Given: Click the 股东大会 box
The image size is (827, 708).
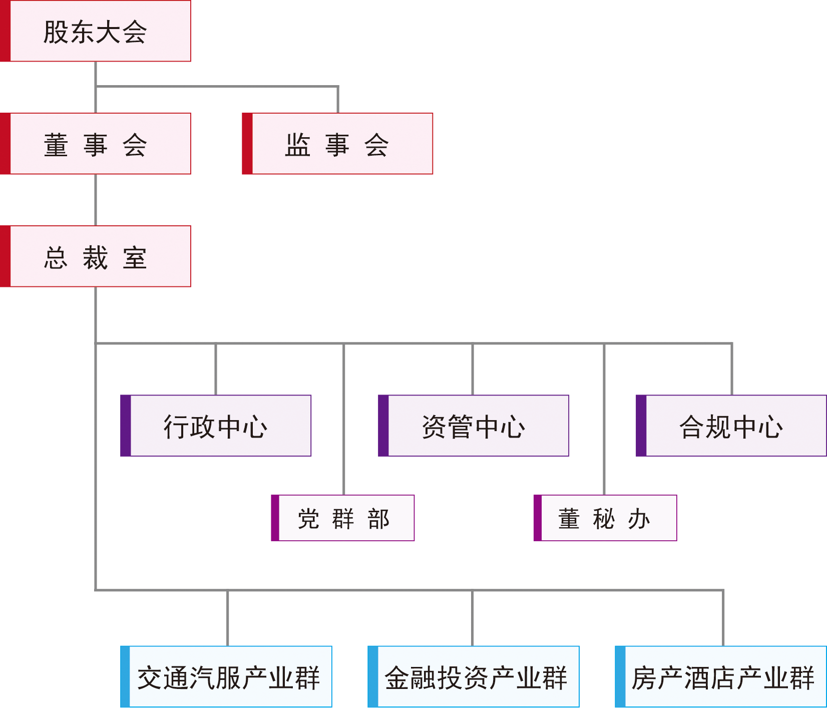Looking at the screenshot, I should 96,32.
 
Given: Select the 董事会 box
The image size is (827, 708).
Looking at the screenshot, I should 96,144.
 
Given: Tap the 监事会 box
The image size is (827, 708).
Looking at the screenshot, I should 338,144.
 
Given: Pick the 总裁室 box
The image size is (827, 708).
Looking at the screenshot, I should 96,257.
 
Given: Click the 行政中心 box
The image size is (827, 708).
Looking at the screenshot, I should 216,426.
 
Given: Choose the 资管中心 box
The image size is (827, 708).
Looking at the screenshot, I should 474,426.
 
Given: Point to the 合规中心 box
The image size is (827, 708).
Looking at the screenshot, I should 731,426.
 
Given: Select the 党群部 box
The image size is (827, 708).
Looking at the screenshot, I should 343,518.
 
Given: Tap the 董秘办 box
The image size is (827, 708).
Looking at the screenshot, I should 605,518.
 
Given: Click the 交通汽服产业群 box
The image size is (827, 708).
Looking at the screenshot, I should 227,677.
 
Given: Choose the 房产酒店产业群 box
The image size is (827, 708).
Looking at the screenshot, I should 721,677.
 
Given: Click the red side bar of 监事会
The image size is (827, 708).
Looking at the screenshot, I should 247,144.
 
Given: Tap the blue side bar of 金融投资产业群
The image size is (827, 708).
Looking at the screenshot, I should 373,677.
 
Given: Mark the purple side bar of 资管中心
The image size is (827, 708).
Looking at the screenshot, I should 383,426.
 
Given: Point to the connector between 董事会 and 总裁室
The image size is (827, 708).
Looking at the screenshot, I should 96,200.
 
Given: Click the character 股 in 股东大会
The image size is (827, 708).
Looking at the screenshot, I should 56,33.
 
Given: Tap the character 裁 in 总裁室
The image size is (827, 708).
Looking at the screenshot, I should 96,258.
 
